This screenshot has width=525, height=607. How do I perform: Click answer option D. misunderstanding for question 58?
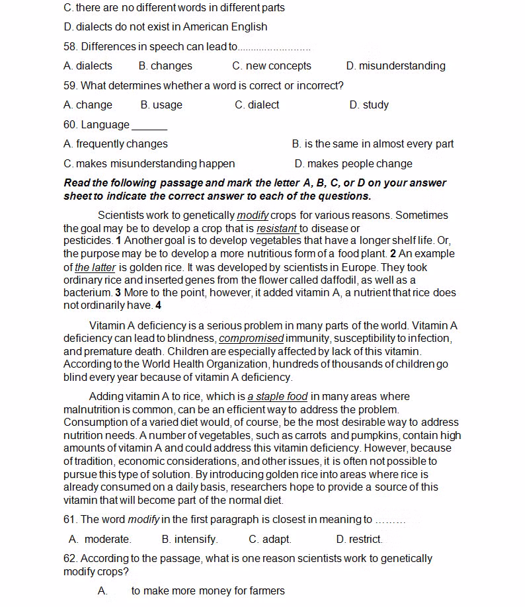pyautogui.click(x=395, y=66)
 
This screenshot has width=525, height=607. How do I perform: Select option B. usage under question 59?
pyautogui.click(x=161, y=105)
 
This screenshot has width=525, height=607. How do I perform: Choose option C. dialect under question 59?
pyautogui.click(x=257, y=105)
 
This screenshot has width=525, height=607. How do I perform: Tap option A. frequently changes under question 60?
pyautogui.click(x=116, y=144)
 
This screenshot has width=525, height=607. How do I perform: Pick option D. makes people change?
pyautogui.click(x=353, y=164)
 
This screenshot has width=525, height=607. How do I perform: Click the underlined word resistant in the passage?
pyautogui.click(x=277, y=229)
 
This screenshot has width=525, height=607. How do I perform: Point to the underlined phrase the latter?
pyautogui.click(x=95, y=268)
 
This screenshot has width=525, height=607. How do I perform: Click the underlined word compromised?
pyautogui.click(x=251, y=339)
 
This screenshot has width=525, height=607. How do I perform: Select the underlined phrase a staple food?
pyautogui.click(x=278, y=397)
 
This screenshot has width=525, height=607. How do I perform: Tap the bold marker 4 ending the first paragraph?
pyautogui.click(x=158, y=306)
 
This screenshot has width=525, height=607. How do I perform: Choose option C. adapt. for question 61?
pyautogui.click(x=270, y=540)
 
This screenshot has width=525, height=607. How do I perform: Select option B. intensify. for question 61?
pyautogui.click(x=190, y=540)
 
